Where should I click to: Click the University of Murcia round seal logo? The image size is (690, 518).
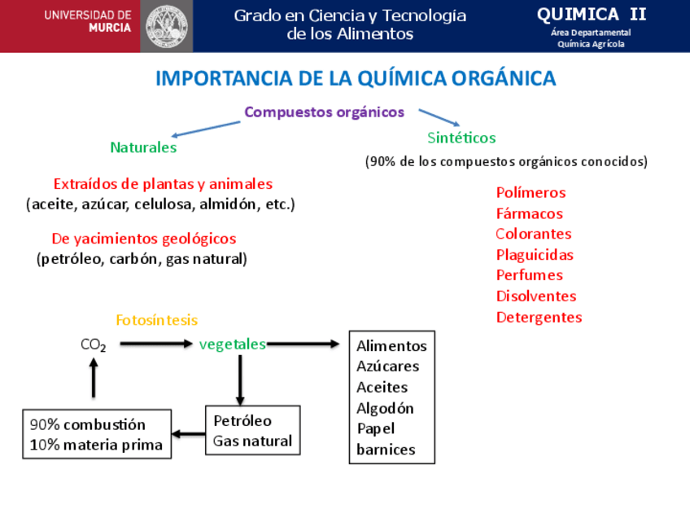click(166, 25)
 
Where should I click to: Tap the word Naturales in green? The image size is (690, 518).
click(143, 147)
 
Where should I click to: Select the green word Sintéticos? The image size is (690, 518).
click(461, 138)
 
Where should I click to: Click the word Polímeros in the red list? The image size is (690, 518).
click(531, 193)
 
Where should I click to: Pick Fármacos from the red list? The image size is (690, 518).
click(529, 213)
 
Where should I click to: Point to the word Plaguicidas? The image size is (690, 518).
click(535, 255)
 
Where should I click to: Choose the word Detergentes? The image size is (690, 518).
click(539, 317)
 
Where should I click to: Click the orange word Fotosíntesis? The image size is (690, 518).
click(156, 320)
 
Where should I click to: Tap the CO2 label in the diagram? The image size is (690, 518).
click(94, 345)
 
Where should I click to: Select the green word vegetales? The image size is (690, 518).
click(232, 345)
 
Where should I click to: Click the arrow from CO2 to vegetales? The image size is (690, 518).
click(155, 345)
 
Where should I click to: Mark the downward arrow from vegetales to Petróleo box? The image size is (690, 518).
click(240, 379)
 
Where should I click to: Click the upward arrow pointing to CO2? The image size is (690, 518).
click(94, 378)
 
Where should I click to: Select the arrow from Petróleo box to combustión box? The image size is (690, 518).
click(189, 433)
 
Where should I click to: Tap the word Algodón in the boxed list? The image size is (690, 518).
click(385, 408)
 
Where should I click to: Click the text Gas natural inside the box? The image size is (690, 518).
click(252, 441)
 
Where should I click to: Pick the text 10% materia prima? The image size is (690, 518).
click(96, 445)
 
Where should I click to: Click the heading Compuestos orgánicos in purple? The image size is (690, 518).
click(324, 112)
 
